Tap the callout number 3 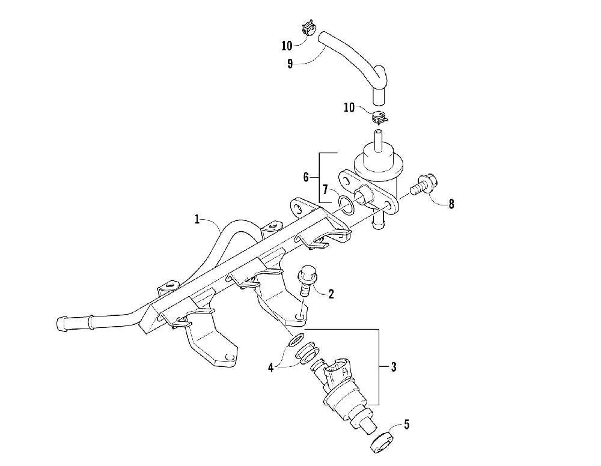(x=394, y=366)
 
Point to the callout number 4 (x=271, y=366)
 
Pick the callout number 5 (x=406, y=425)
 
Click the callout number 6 (x=305, y=177)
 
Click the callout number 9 (x=290, y=63)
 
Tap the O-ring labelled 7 (x=345, y=204)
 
